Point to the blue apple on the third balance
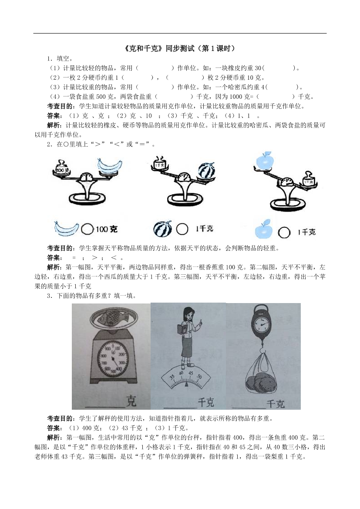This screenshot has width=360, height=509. coord(265,161)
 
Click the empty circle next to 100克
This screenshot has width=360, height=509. coord(87,229)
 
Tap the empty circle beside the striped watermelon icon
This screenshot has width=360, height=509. coord(182,229)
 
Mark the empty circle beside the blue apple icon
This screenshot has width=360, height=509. coord(284,233)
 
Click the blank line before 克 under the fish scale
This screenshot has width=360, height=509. coord(105,407)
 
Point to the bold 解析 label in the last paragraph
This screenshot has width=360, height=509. coord(55,438)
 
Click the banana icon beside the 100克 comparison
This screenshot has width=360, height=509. coord(67,228)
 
